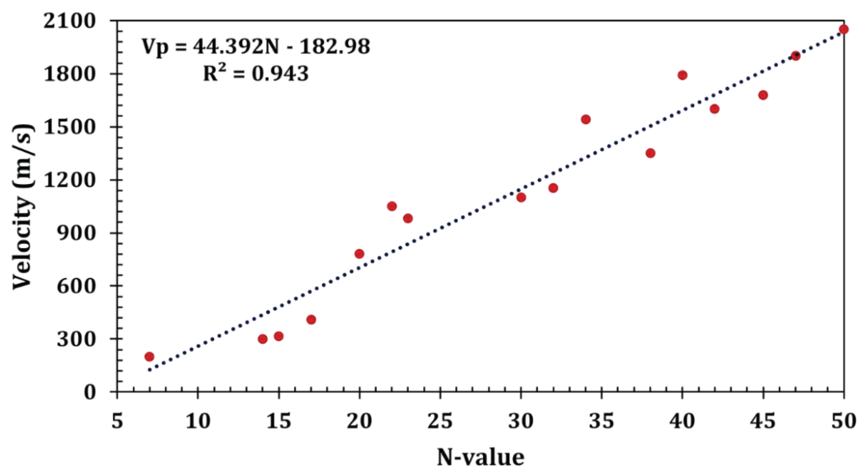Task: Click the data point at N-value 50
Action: [x=844, y=29]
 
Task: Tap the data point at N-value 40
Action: [x=682, y=75]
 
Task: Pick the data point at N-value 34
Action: [x=586, y=119]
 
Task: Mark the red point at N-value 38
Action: [x=650, y=153]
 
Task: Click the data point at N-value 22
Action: [x=392, y=206]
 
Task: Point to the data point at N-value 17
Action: [x=311, y=319]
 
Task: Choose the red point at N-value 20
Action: [x=359, y=254]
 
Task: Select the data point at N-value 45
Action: [x=763, y=95]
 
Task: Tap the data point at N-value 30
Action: [x=521, y=198]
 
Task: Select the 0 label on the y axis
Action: [x=90, y=392]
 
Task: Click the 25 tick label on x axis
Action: [x=440, y=421]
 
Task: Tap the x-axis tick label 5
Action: [x=117, y=421]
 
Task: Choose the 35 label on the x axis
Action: [x=601, y=421]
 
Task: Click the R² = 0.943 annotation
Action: [x=256, y=74]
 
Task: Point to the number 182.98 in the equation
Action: [x=335, y=47]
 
